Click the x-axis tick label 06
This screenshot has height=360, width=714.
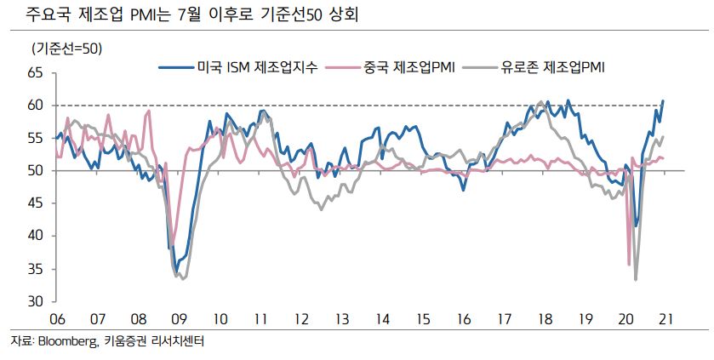tap(56, 319)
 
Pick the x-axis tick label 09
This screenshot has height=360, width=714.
tap(179, 319)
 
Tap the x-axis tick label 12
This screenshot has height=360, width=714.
tap(300, 319)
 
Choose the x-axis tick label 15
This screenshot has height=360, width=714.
tap(423, 319)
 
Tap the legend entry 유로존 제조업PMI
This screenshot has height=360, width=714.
tap(552, 66)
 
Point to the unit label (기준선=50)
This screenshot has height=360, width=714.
tap(66, 49)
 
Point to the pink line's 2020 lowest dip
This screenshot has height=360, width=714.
tap(629, 264)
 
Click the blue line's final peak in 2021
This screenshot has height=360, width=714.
tap(663, 100)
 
